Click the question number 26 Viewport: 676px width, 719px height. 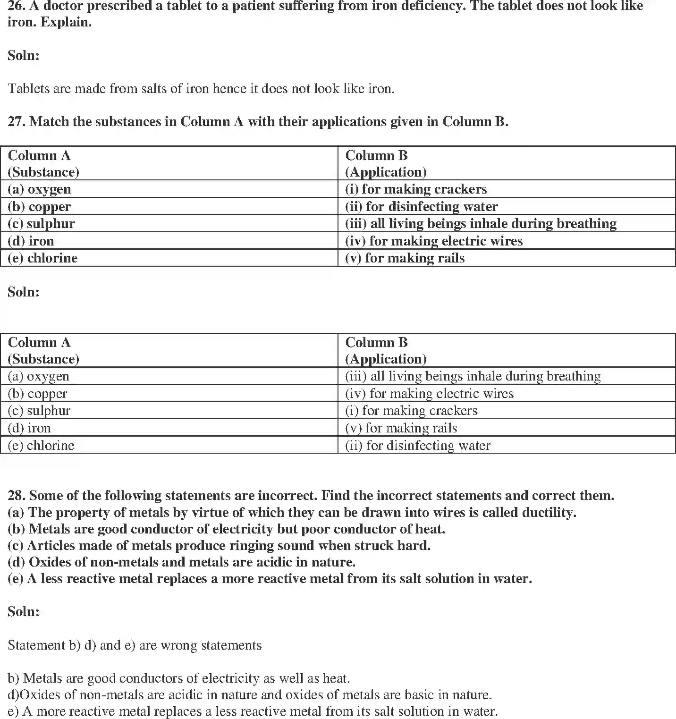point(17,6)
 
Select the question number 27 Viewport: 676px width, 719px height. point(17,122)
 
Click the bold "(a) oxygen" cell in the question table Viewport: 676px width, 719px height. point(39,189)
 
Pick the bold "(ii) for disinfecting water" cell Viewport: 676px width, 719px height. point(421,207)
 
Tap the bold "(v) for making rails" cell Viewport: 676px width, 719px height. point(405,258)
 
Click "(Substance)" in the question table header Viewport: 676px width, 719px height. point(43,172)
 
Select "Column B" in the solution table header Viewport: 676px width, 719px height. point(376,342)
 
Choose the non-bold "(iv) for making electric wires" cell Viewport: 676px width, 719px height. point(429,394)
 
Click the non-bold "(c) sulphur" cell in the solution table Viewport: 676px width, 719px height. point(39,411)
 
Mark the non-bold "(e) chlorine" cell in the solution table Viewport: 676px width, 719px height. point(41,446)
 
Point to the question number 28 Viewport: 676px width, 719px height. point(17,496)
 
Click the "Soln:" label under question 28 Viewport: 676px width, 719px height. point(24,612)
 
